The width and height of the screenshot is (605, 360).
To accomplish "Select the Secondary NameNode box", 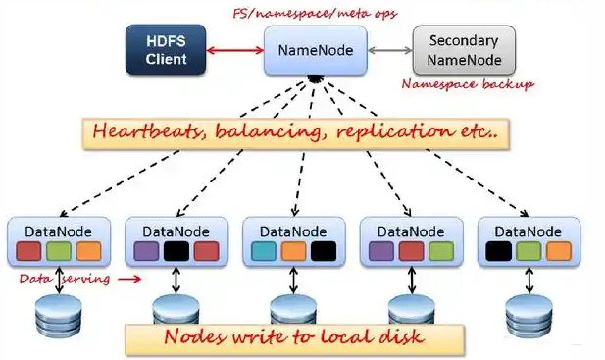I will click(x=463, y=50).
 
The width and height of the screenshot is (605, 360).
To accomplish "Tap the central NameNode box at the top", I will click(x=315, y=49).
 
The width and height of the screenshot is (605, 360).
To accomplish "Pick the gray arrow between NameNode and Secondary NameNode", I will click(x=390, y=49).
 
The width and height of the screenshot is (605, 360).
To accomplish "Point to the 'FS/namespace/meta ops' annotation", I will click(x=313, y=12).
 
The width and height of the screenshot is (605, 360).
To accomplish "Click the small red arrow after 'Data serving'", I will click(x=128, y=279).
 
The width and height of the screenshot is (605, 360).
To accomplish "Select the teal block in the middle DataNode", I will click(x=264, y=250).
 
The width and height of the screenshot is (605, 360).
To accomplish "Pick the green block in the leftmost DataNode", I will click(x=58, y=250).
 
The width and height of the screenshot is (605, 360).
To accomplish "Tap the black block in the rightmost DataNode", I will click(x=498, y=250).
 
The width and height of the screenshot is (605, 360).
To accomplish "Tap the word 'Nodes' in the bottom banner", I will click(x=192, y=338).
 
